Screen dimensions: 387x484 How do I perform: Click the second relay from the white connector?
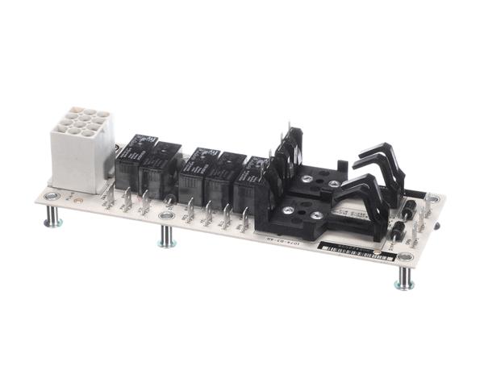point(161,169)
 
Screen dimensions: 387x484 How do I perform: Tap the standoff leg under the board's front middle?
point(165,236)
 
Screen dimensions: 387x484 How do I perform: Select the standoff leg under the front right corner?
point(403,277)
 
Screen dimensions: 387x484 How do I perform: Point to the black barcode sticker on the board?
point(356,251)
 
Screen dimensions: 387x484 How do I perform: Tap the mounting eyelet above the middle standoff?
point(166,217)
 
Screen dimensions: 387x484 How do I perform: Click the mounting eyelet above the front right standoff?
point(405,258)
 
